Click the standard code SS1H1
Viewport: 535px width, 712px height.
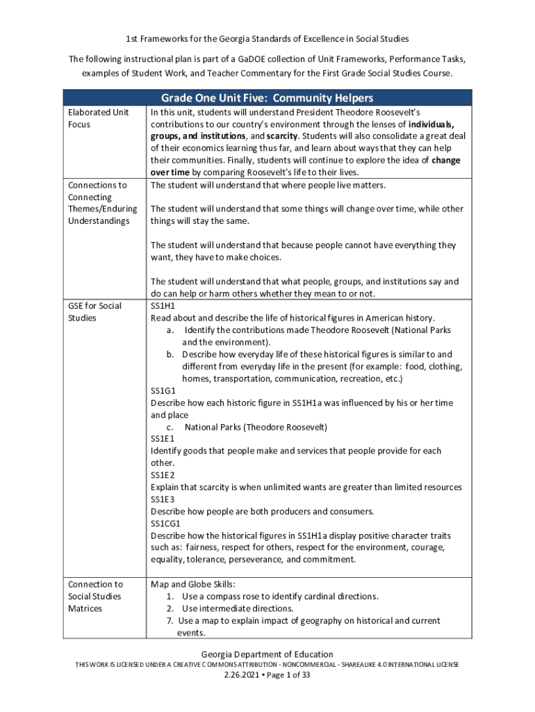(163, 306)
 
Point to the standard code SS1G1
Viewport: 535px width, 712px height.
(163, 391)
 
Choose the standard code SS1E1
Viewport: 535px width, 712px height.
(163, 439)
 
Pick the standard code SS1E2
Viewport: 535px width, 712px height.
(163, 475)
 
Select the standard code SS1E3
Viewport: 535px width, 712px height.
(163, 499)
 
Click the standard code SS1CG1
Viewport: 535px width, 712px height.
(165, 524)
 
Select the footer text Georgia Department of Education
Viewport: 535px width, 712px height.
(267, 654)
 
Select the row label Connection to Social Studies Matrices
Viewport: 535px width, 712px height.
(94, 597)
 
